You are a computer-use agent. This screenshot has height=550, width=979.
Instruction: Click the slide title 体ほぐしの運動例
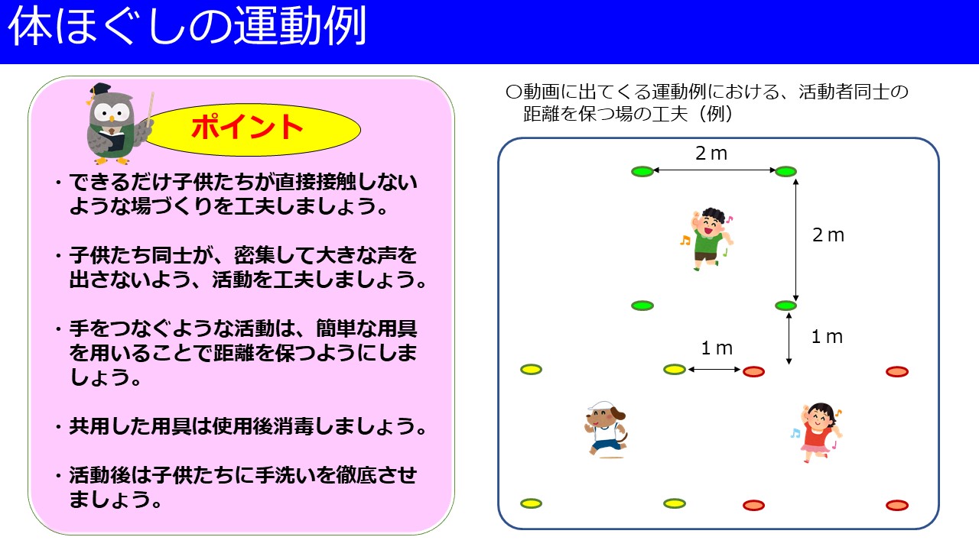point(187,26)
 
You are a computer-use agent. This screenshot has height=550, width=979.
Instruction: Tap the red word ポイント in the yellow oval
point(247,127)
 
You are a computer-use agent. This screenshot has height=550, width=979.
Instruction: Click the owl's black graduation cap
point(100,89)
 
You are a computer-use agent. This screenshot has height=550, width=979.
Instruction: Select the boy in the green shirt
point(708,239)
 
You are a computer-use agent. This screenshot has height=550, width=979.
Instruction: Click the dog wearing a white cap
point(607,430)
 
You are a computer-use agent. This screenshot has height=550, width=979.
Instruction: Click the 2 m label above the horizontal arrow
point(711,154)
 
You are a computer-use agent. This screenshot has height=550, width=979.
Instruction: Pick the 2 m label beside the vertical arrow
point(828,235)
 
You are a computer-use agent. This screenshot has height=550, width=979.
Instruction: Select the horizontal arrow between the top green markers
point(714,170)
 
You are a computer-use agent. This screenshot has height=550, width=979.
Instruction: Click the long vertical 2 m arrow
point(796,240)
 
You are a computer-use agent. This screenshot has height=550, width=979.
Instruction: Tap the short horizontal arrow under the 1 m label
point(714,369)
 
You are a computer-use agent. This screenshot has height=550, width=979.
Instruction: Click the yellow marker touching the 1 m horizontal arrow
point(675,370)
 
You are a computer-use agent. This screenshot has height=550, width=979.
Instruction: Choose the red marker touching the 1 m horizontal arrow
point(753,371)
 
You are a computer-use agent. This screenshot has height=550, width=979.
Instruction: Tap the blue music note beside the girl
point(795,433)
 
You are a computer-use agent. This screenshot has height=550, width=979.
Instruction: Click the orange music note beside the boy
point(685,240)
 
